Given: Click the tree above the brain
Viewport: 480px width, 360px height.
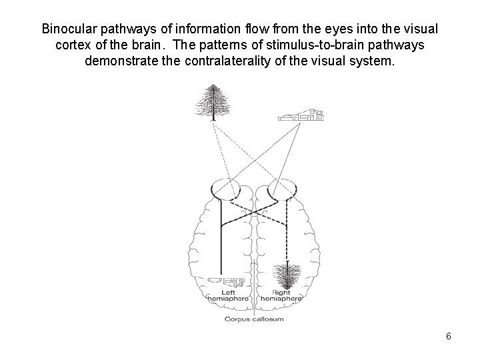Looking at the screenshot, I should coord(213,103).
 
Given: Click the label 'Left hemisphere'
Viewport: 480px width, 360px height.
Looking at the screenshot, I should coord(224,295).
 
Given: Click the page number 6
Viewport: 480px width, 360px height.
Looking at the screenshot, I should coord(449,336).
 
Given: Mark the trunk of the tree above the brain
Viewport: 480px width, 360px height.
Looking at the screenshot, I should coord(213,118).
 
